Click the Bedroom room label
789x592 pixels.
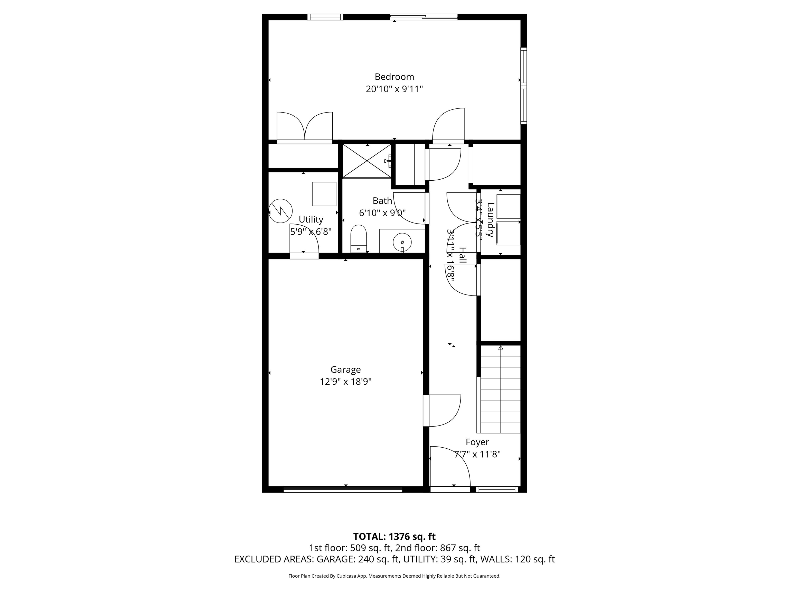[x=394, y=77]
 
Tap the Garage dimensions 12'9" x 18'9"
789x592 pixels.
[x=345, y=382]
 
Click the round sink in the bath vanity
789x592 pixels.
[x=402, y=242]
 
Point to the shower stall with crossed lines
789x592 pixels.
[x=367, y=161]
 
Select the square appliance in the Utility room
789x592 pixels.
[x=324, y=194]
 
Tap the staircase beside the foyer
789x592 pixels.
[x=500, y=389]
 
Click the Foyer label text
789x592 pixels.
[x=477, y=442]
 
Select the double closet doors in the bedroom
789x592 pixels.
[x=305, y=127]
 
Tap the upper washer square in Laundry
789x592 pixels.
[x=508, y=206]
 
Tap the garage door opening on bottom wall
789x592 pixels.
[x=343, y=489]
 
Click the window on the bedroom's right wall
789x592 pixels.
[x=523, y=86]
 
